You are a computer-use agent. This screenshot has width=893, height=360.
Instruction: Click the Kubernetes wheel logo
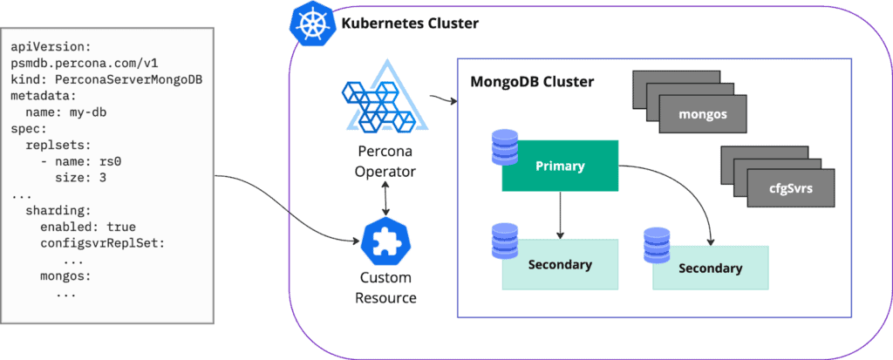(x=308, y=24)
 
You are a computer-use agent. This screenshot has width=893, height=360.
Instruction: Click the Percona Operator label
(x=379, y=161)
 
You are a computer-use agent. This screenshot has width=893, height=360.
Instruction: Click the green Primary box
(x=560, y=166)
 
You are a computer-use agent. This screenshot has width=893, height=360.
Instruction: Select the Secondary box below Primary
(x=560, y=265)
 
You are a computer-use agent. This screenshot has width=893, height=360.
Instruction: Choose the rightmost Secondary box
(x=711, y=268)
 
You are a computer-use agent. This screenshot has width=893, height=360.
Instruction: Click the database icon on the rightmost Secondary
(x=656, y=248)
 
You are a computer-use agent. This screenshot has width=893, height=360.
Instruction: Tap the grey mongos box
(x=703, y=114)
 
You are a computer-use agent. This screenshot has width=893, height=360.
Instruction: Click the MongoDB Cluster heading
(x=532, y=82)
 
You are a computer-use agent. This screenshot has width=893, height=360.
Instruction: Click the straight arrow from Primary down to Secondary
(x=560, y=214)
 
